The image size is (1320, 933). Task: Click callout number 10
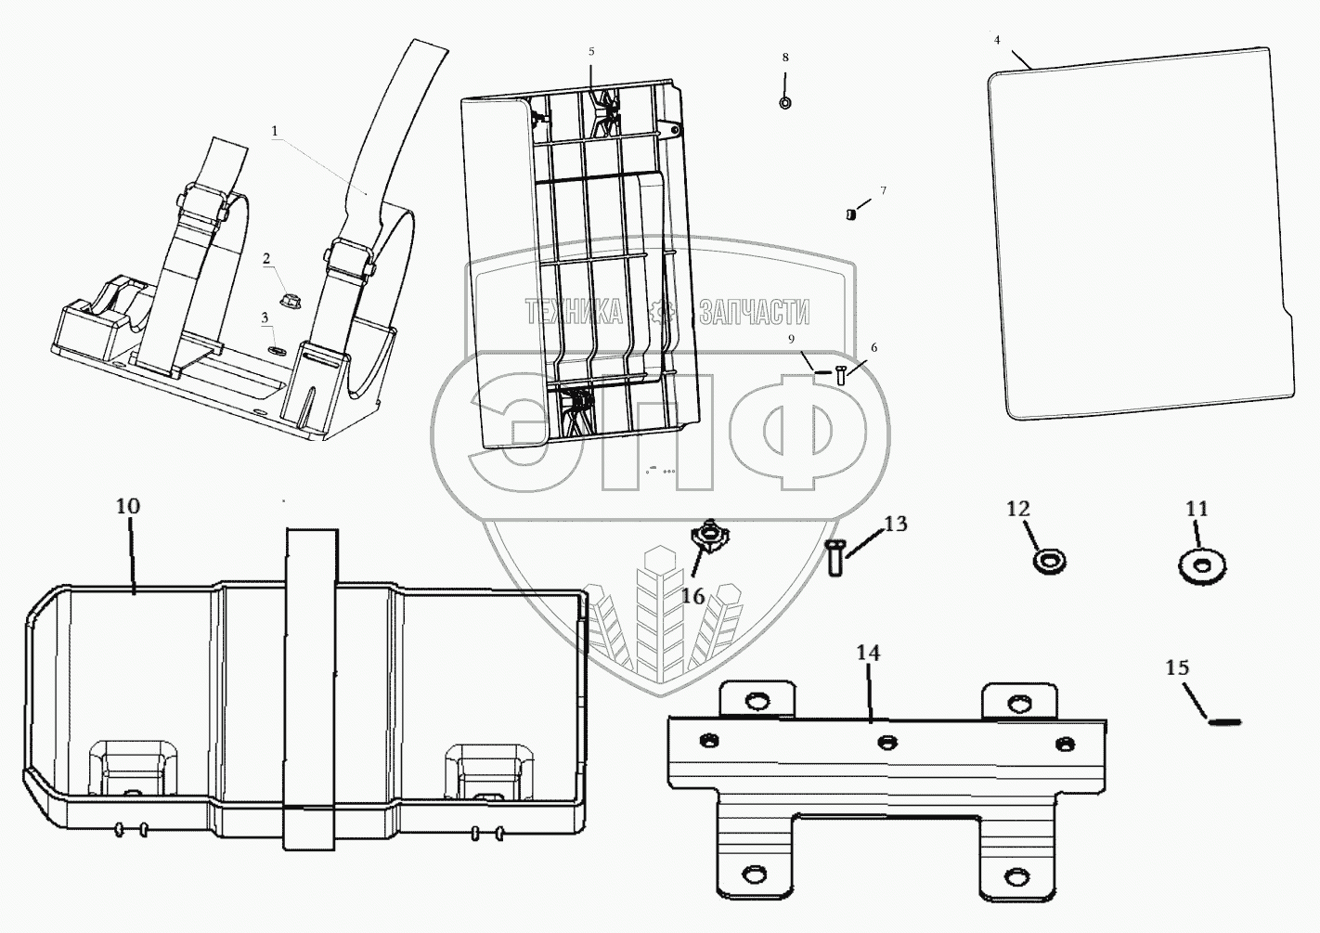[x=128, y=507]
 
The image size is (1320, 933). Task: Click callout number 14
[x=867, y=654]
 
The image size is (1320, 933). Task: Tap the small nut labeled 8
[x=785, y=101]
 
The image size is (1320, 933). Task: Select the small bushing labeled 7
[x=850, y=215]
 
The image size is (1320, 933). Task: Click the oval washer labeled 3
[x=276, y=351]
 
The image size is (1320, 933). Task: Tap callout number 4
[x=997, y=40]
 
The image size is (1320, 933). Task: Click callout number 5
[x=591, y=51]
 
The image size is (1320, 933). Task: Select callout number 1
[x=275, y=132]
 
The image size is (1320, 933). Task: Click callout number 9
[x=792, y=340]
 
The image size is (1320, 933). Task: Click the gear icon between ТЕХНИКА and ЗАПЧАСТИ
[x=660, y=311]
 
